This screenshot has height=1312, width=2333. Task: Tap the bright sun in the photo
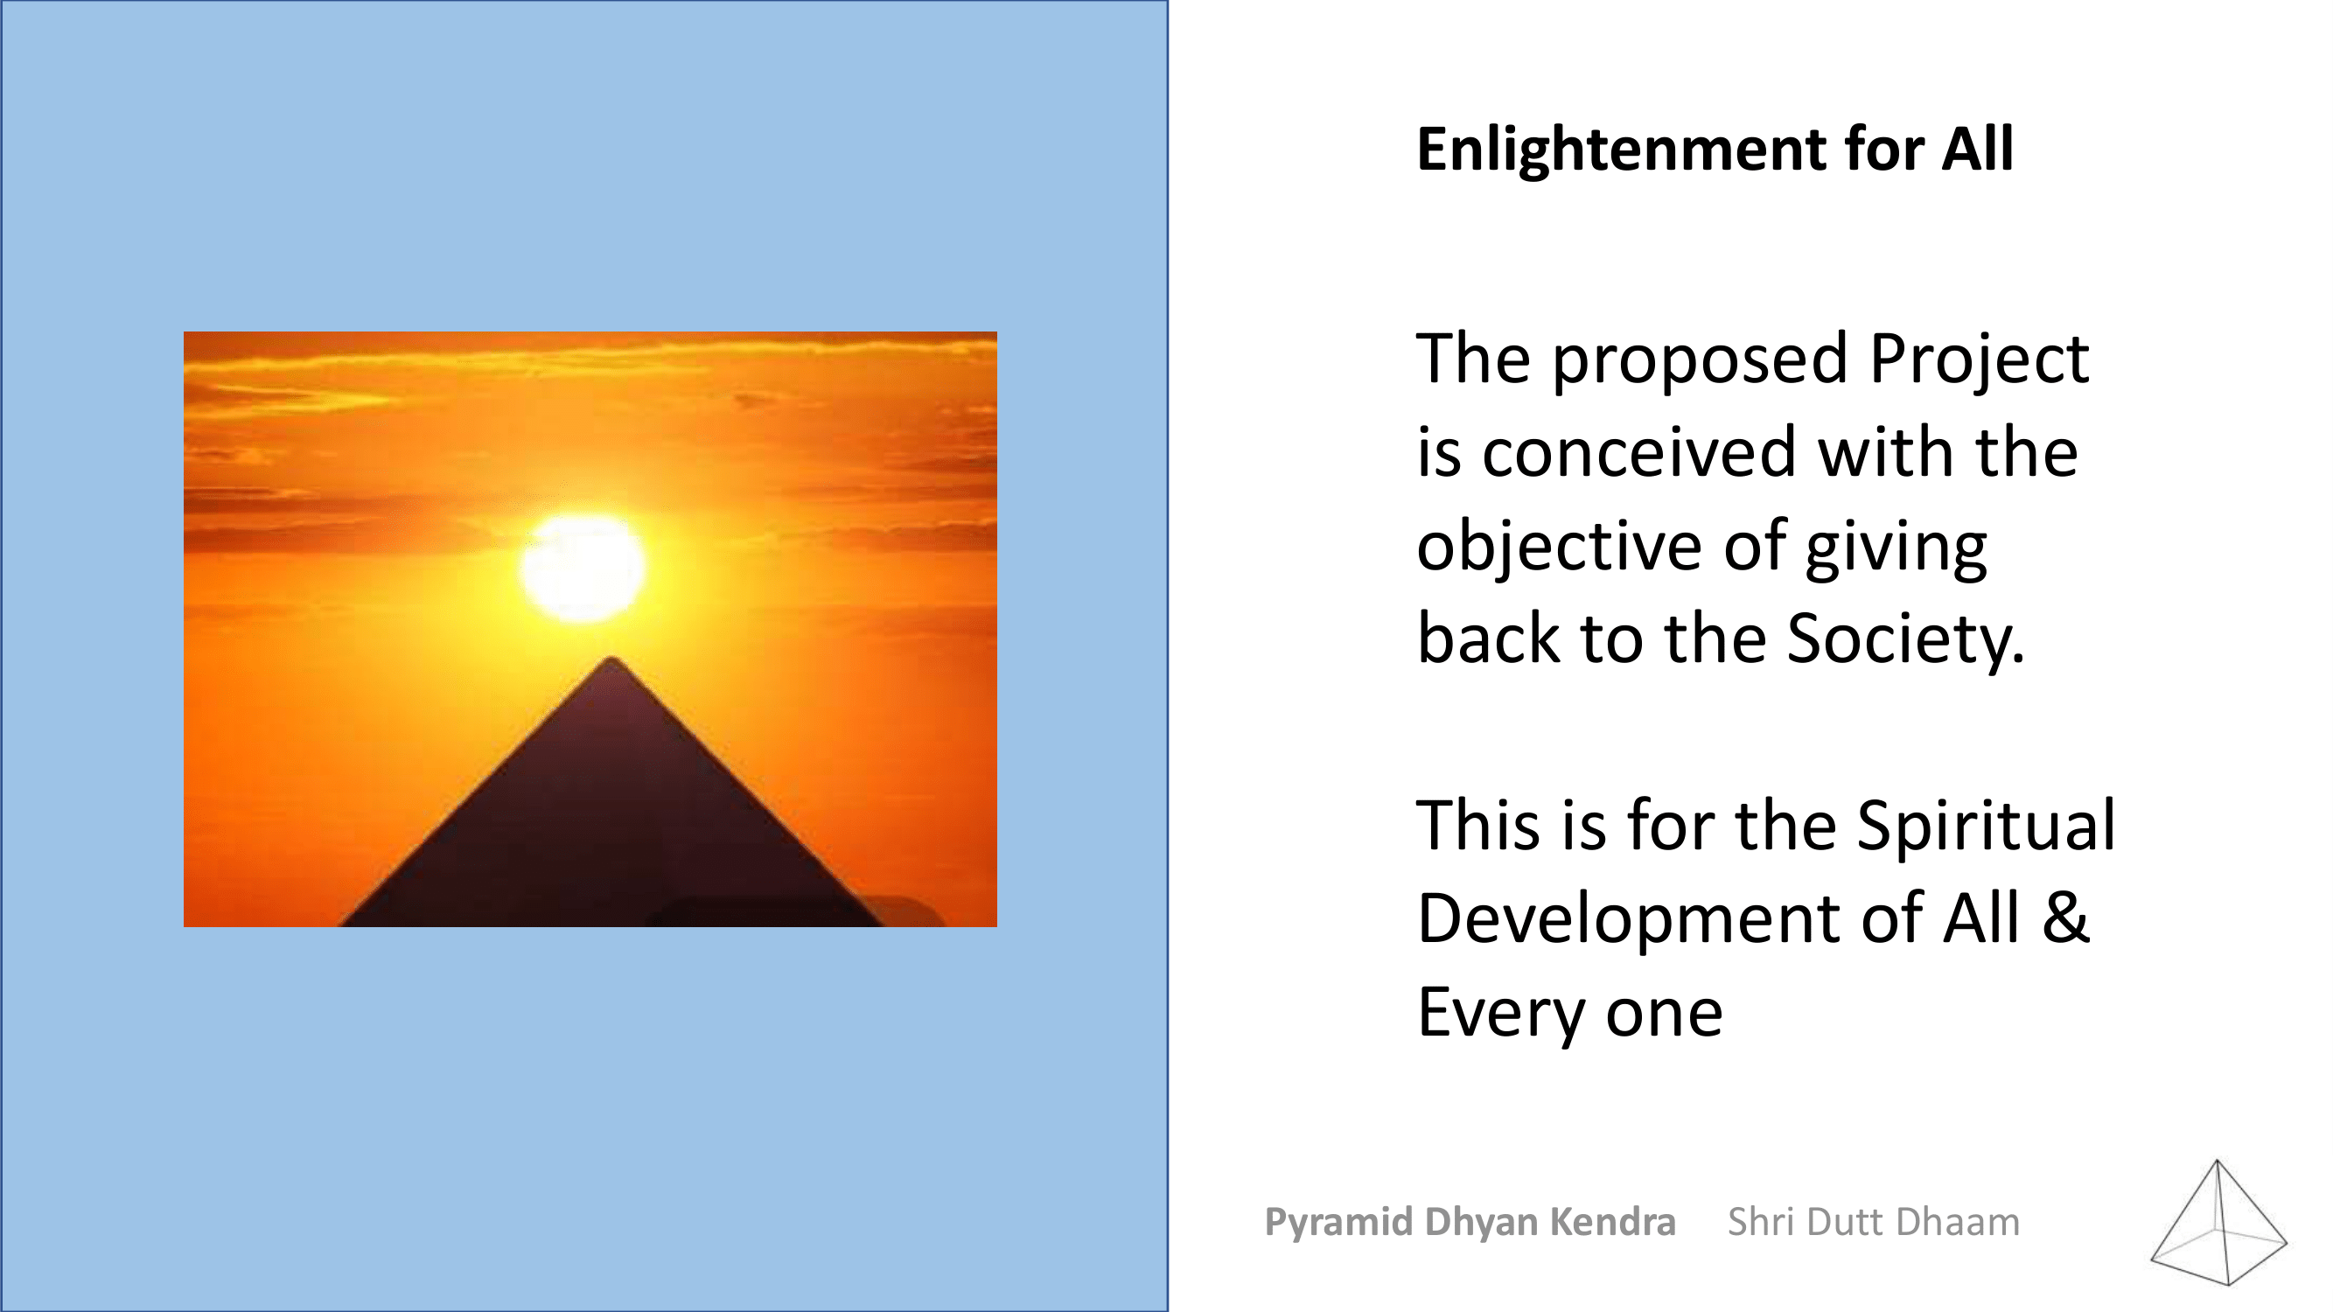point(583,568)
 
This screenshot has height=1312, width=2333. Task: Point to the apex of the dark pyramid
point(612,659)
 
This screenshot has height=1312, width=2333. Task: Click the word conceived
point(1639,453)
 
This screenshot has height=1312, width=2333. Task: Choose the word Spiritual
point(1986,827)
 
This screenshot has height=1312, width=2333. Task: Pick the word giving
point(1896,548)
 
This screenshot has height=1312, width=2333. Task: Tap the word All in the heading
point(1977,150)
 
